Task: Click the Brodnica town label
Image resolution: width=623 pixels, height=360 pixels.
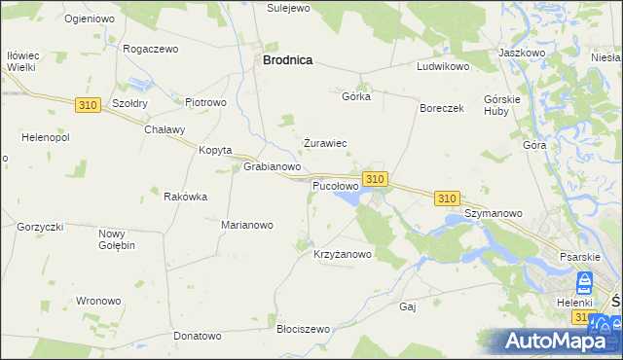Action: coord(287,59)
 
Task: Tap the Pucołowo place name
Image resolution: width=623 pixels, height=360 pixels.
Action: coord(335,185)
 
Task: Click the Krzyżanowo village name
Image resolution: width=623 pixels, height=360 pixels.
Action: coord(343,255)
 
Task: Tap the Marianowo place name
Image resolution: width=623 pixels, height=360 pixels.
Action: coord(247,225)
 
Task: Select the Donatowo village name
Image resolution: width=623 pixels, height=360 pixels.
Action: coord(198,336)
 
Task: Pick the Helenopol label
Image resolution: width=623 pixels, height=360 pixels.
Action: coord(36,135)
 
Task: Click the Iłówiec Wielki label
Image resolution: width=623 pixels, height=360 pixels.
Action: coord(20,61)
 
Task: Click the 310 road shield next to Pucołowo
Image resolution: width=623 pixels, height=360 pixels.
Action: coord(376,179)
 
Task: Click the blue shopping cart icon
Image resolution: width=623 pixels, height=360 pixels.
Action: coord(585,283)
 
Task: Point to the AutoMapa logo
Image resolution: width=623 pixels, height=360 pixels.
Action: coord(560,341)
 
